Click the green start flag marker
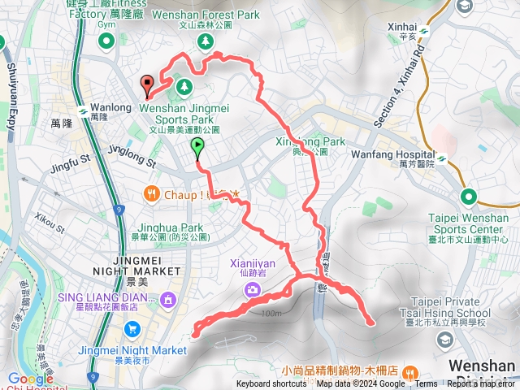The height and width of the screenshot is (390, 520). [x=197, y=146]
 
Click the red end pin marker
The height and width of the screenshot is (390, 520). [x=147, y=84]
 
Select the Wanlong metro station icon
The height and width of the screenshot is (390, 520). [x=83, y=110]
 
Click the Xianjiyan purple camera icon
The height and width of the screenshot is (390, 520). [x=253, y=289]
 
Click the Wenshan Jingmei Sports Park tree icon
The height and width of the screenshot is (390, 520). [x=184, y=85]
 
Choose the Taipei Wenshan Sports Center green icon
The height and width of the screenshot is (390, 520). [x=469, y=196]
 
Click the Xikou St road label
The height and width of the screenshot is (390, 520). [x=50, y=222]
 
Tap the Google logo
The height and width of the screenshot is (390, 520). [x=30, y=379]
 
